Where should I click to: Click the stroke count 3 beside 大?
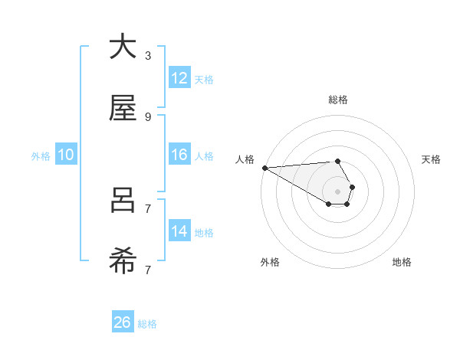(148, 56)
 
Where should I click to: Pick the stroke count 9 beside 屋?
(148, 117)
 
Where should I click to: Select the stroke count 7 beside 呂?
(148, 208)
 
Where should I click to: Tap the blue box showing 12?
(179, 78)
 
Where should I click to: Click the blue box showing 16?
(179, 155)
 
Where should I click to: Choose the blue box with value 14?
(179, 231)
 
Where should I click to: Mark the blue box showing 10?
(66, 155)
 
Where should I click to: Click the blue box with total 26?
(123, 323)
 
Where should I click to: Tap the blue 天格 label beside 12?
(204, 79)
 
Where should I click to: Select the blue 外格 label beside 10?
(41, 155)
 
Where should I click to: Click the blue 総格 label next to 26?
(147, 324)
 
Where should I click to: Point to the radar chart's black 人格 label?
(245, 159)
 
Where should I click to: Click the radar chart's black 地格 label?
(402, 262)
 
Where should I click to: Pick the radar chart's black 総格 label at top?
(338, 100)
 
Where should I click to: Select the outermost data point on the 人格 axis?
(264, 168)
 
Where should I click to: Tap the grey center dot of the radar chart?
(337, 191)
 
